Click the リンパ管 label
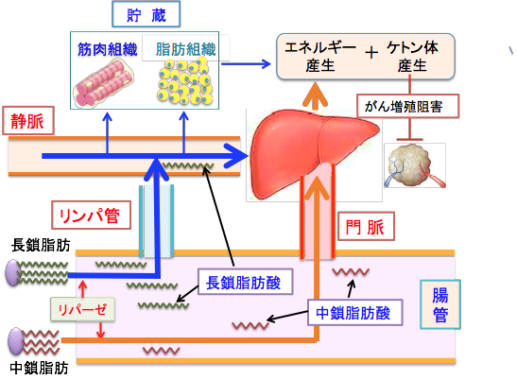click(85, 216)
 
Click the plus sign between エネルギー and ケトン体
click(371, 53)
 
